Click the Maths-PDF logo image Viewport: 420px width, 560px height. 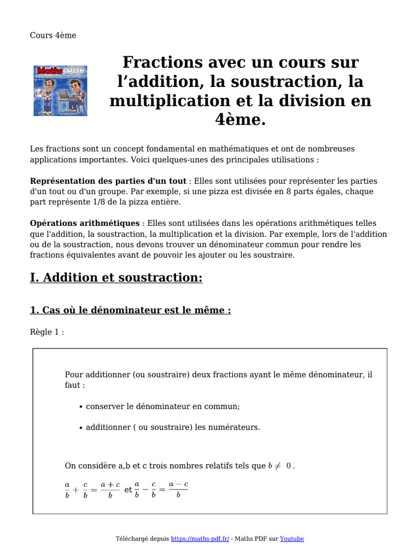(61, 90)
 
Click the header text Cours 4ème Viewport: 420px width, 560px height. (53, 36)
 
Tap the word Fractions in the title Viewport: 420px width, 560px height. (159, 62)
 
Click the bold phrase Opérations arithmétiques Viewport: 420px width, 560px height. (85, 223)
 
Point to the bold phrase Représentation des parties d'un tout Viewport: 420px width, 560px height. (108, 180)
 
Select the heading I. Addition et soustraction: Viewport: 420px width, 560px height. (116, 278)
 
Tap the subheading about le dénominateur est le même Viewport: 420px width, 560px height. (130, 310)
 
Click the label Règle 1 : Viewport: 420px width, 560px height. (47, 332)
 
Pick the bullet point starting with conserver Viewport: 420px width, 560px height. (162, 406)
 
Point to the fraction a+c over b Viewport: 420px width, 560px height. (110, 490)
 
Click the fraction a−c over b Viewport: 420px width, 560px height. (178, 490)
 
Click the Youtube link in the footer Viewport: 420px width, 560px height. (291, 539)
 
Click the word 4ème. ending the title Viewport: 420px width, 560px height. (240, 120)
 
